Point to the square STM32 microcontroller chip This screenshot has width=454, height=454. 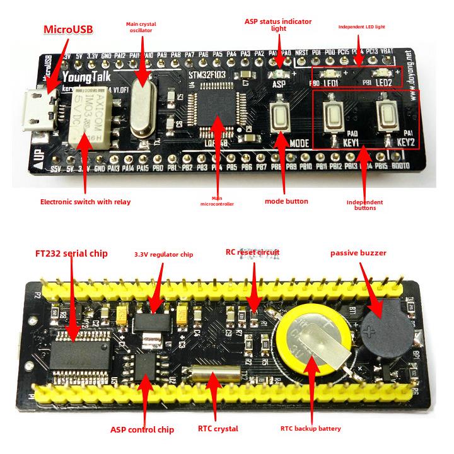[x=217, y=112]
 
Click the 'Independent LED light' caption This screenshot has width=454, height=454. [x=361, y=27]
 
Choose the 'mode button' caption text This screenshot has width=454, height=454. [x=287, y=201]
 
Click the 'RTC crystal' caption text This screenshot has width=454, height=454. [x=218, y=429]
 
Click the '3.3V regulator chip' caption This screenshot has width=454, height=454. [x=163, y=255]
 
